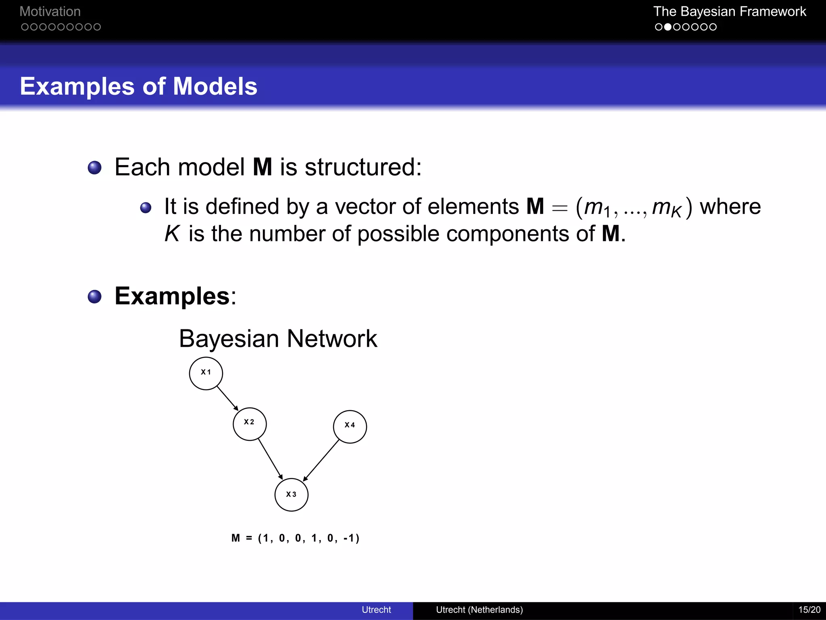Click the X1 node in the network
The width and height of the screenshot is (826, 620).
click(206, 373)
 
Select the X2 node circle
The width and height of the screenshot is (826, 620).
click(250, 424)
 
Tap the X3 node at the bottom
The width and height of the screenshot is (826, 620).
click(291, 495)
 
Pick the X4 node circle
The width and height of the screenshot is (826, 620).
click(350, 427)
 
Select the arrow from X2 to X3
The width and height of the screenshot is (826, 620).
click(270, 460)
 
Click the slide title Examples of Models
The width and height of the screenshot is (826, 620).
click(138, 86)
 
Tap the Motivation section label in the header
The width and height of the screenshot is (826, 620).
click(50, 11)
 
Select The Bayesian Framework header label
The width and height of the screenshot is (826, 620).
click(729, 11)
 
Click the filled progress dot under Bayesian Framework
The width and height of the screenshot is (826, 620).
click(667, 27)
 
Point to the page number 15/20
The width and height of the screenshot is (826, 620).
click(809, 610)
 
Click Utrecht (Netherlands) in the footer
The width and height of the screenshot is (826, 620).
click(479, 610)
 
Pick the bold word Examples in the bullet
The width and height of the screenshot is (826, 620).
click(172, 296)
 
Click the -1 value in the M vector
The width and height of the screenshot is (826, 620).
click(349, 538)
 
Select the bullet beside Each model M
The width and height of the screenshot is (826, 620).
click(95, 168)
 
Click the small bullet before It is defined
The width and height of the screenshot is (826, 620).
click(146, 208)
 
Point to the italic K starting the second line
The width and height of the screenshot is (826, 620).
click(172, 234)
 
